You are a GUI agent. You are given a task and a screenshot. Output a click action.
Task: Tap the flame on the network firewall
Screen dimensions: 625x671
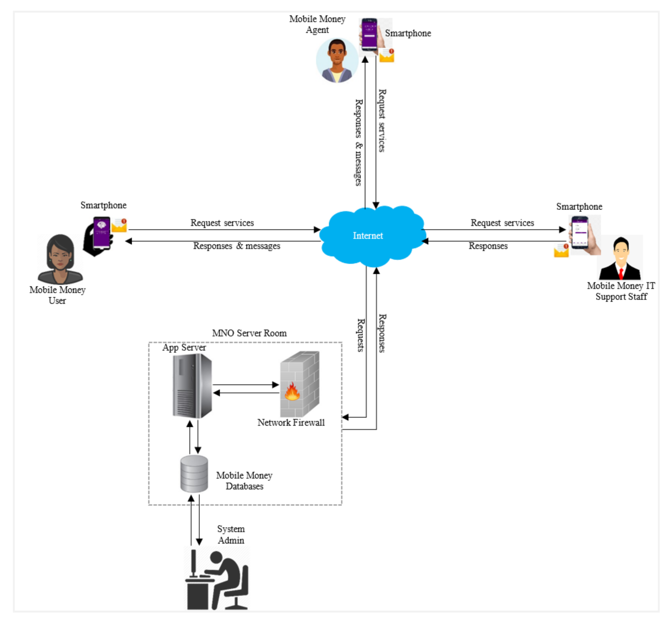pos(292,392)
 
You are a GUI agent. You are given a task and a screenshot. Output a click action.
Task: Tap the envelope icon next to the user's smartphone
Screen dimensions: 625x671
pos(119,225)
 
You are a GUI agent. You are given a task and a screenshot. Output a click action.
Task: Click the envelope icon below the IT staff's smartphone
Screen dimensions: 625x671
pos(561,250)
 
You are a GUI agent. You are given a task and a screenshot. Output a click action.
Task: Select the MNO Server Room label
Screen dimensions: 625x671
pos(249,333)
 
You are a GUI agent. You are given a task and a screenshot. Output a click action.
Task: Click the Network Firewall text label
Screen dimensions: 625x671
pos(291,422)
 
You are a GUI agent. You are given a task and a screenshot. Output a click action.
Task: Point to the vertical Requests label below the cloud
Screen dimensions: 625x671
pos(361,335)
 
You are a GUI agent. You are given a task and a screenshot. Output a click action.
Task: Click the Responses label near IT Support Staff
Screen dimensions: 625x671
pos(488,246)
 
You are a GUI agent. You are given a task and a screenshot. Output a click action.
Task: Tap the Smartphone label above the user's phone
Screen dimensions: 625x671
pos(103,205)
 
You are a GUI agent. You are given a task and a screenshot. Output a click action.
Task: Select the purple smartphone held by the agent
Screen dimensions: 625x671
pos(369,34)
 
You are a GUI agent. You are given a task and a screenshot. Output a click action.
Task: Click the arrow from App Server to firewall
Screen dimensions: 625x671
pos(246,384)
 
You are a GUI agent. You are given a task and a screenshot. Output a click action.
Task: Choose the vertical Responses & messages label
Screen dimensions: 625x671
pos(359,143)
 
